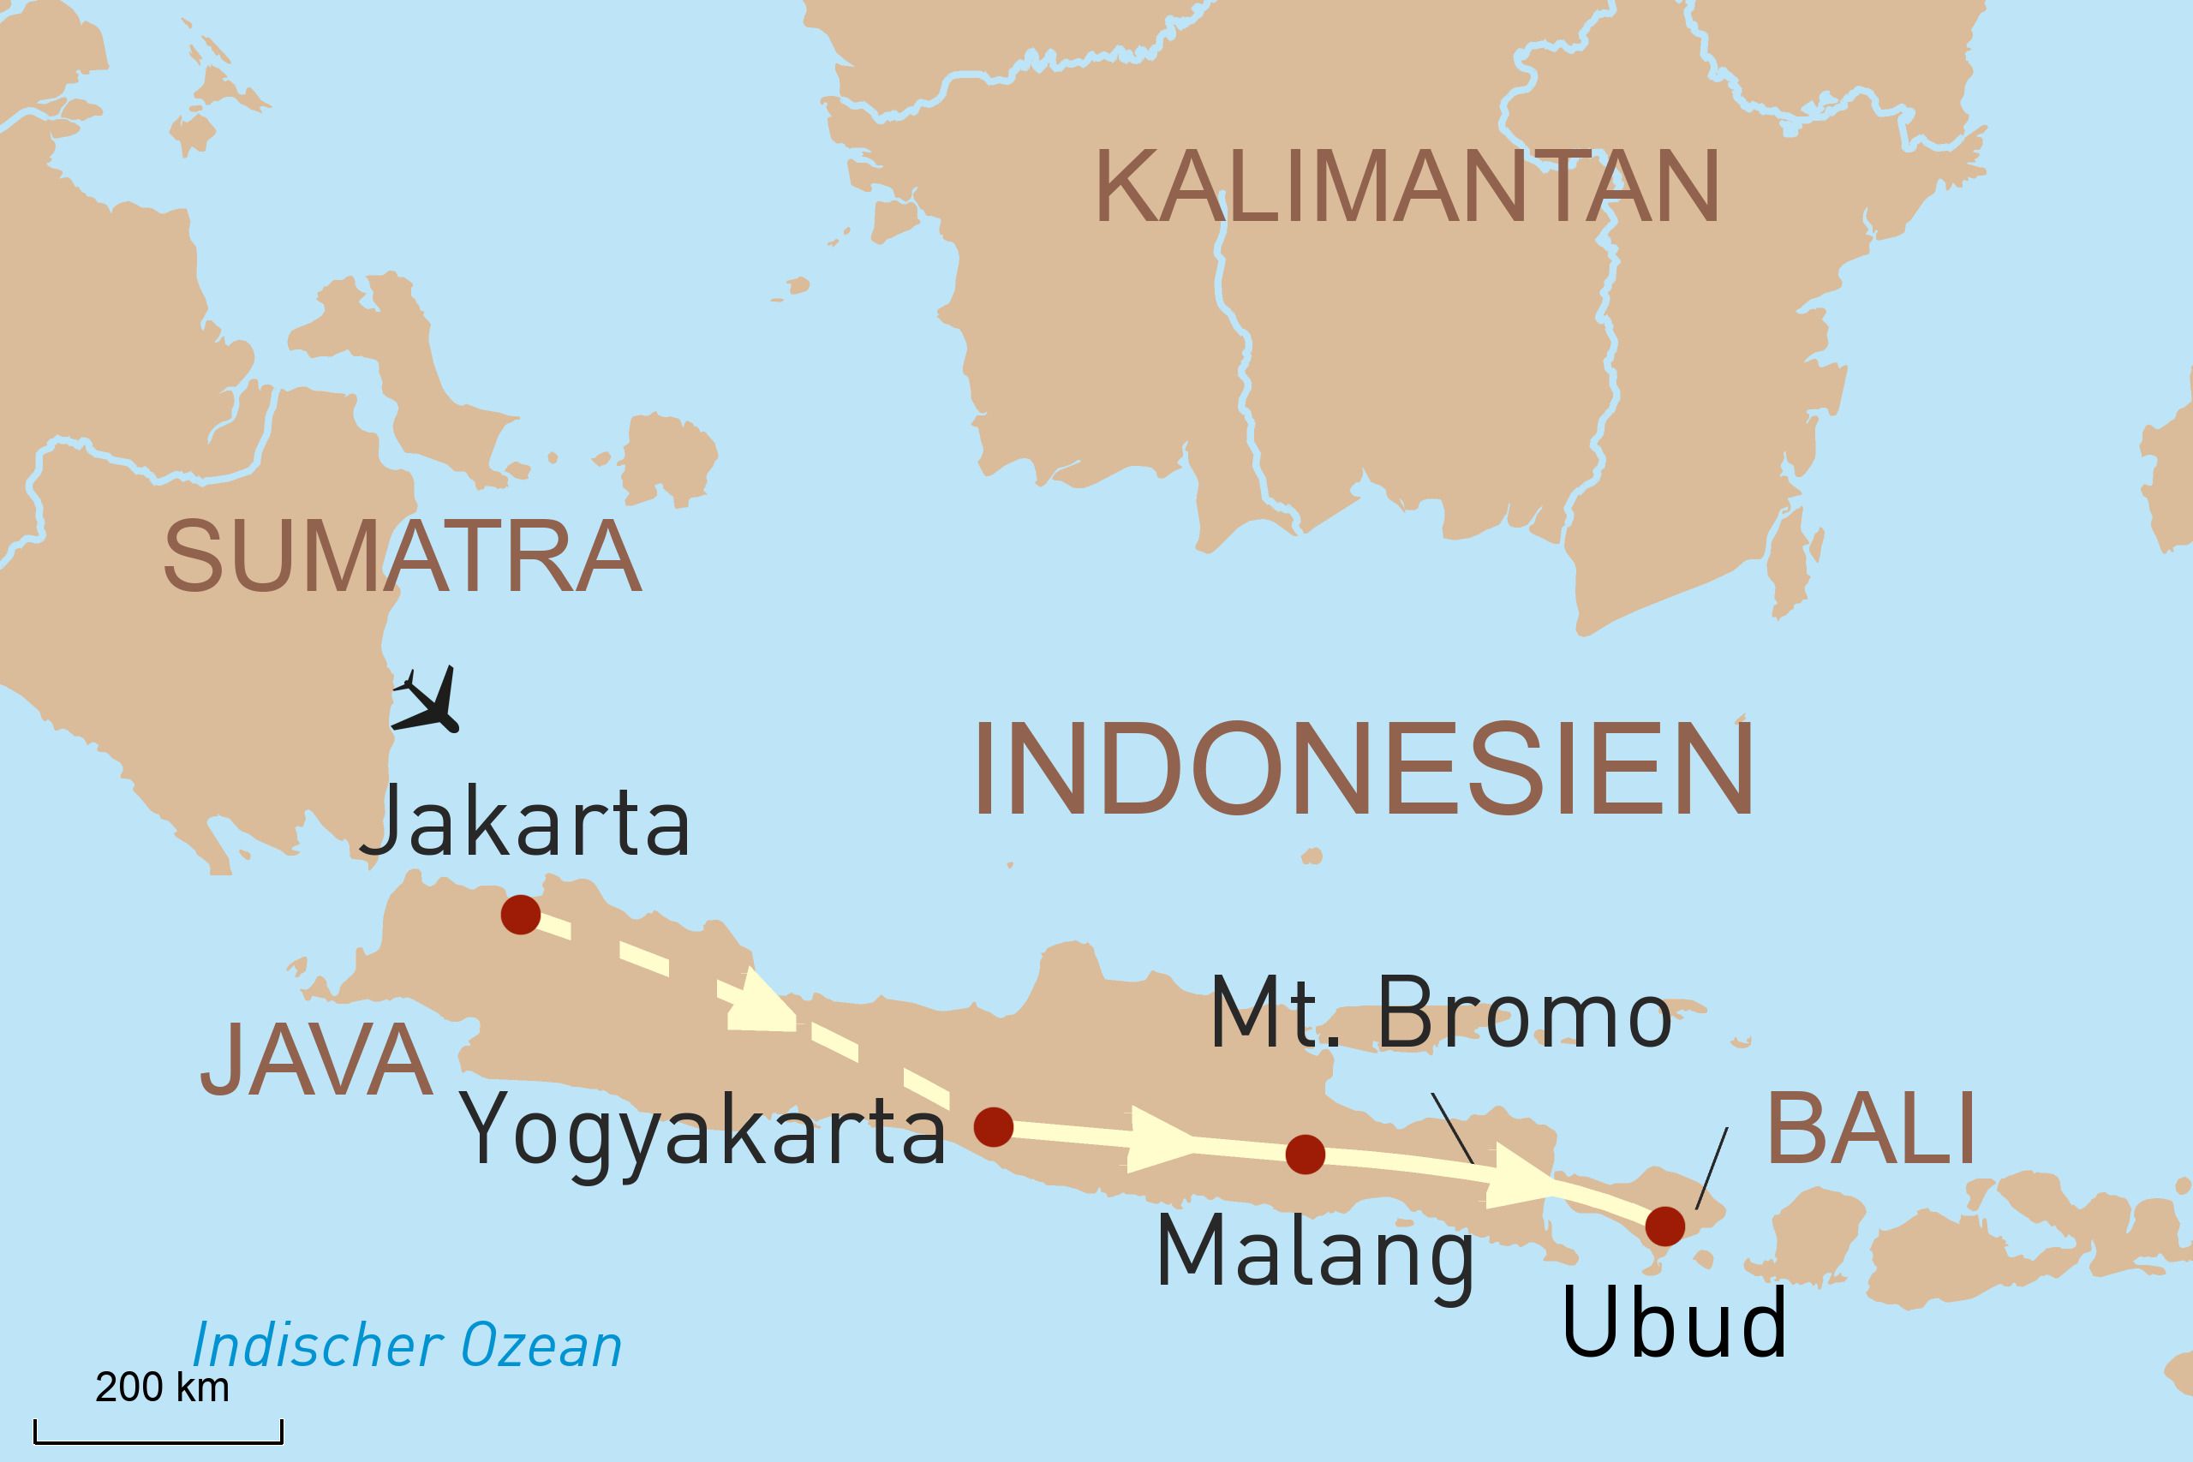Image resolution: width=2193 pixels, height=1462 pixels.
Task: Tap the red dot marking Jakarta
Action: click(520, 915)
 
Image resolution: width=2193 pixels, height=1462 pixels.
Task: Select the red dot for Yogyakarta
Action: click(993, 1127)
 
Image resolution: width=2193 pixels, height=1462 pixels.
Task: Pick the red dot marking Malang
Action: click(1305, 1155)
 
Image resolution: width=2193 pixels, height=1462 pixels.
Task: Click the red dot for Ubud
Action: click(1665, 1225)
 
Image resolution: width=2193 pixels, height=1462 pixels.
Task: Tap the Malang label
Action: click(1315, 1252)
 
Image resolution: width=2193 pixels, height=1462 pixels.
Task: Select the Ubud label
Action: click(1675, 1323)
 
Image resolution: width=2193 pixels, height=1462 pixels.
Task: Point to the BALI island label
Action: click(1870, 1129)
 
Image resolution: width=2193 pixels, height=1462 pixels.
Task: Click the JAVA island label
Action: click(317, 1059)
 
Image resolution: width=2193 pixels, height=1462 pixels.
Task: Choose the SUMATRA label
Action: click(403, 557)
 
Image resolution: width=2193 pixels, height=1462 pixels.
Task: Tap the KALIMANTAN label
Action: click(1407, 187)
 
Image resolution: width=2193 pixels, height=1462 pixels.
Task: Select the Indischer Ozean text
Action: click(407, 1346)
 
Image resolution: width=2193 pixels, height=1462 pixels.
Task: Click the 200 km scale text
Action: click(162, 1387)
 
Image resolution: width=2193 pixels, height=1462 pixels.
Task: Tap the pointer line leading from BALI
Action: click(1711, 1167)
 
